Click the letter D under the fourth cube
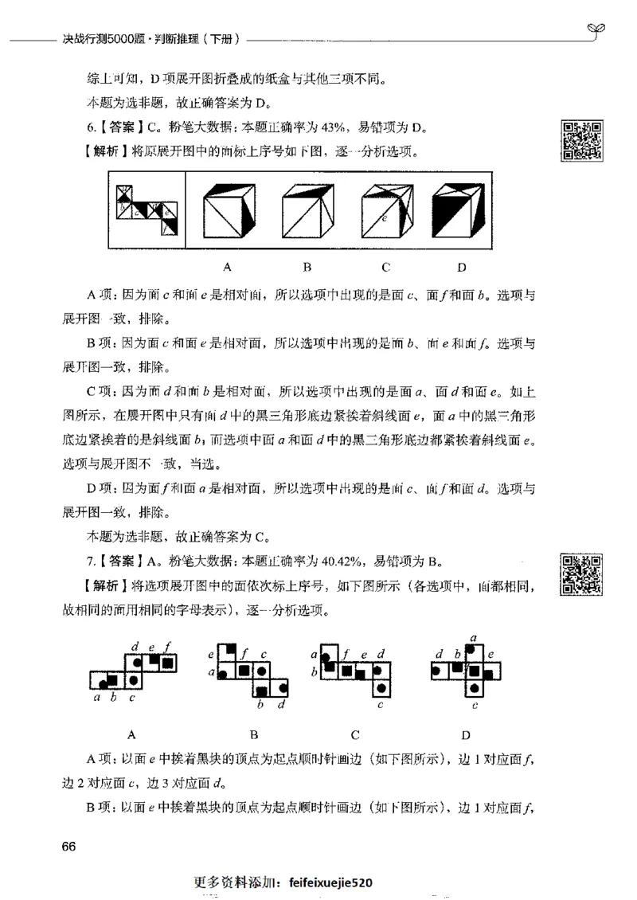tap(461, 266)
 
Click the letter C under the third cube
tap(385, 266)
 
